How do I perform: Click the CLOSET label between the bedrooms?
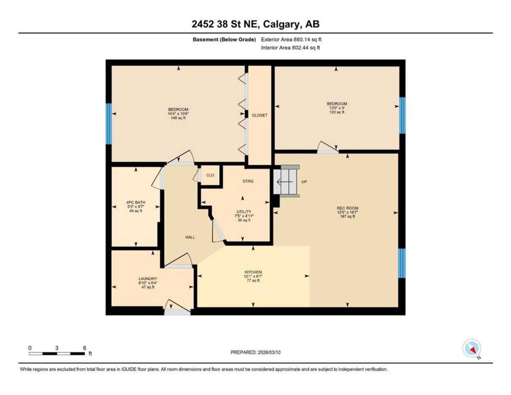click(260, 115)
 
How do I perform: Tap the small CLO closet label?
click(210, 175)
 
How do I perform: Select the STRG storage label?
click(248, 181)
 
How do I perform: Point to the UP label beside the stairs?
click(304, 182)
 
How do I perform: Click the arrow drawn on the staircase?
click(285, 182)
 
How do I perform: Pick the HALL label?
click(190, 237)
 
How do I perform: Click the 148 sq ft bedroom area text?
click(178, 118)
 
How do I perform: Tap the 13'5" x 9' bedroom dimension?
click(337, 108)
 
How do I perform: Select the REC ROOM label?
click(348, 208)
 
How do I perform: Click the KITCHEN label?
click(253, 272)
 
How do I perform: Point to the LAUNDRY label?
click(148, 279)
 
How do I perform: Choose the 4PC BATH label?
click(136, 202)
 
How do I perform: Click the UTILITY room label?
click(244, 212)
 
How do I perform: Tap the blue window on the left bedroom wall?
click(109, 124)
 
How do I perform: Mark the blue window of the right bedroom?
click(402, 115)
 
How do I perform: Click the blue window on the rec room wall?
click(402, 263)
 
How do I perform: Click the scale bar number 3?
click(57, 348)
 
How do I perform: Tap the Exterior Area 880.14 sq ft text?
click(291, 39)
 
